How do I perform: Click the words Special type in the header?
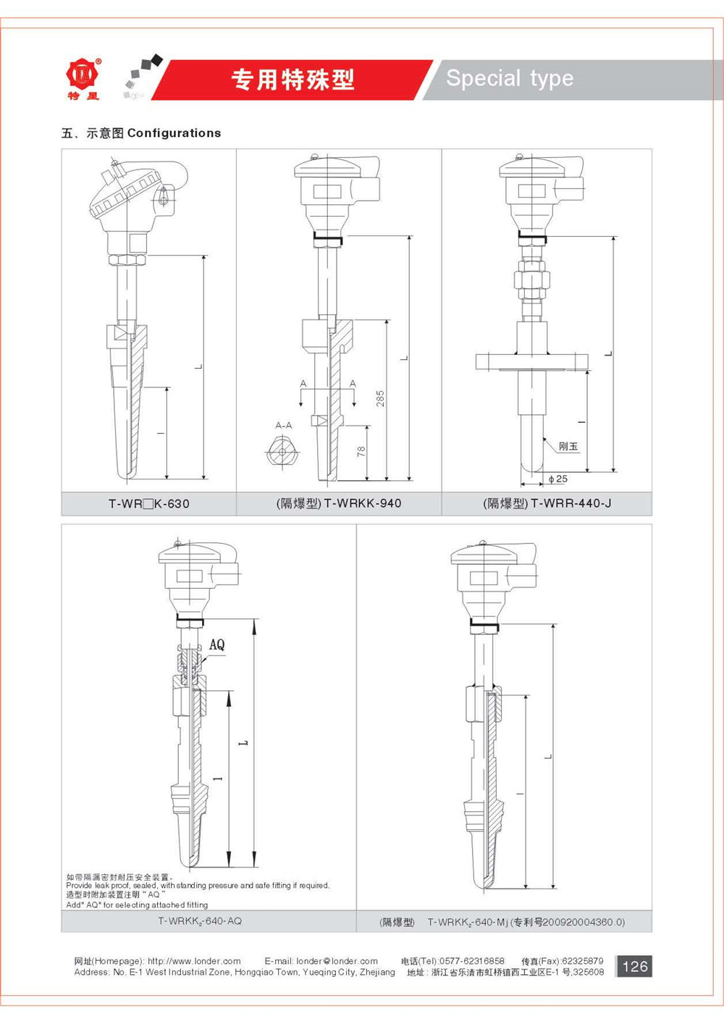pyautogui.click(x=510, y=78)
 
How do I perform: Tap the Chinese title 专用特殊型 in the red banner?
pyautogui.click(x=293, y=80)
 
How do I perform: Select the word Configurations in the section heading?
pyautogui.click(x=174, y=133)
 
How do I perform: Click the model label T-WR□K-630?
pyautogui.click(x=148, y=504)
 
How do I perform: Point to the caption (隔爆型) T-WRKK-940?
pyautogui.click(x=339, y=503)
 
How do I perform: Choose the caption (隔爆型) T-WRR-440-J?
pyautogui.click(x=547, y=503)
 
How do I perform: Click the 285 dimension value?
pyautogui.click(x=380, y=398)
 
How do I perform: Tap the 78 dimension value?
pyautogui.click(x=361, y=451)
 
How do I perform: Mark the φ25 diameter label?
pyautogui.click(x=557, y=479)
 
